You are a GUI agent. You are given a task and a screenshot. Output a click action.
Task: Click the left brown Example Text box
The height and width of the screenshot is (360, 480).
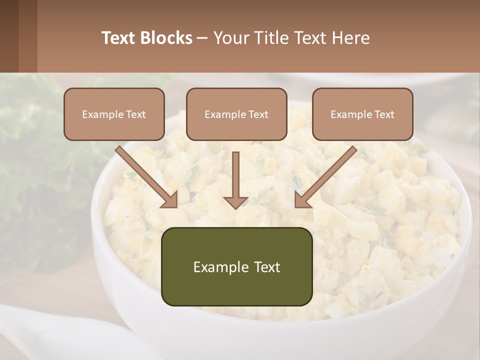[x=114, y=114]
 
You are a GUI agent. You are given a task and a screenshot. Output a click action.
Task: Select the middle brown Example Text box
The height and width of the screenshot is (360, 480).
[x=236, y=114]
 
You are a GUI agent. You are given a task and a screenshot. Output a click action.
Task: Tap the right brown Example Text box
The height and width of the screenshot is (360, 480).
[x=362, y=114]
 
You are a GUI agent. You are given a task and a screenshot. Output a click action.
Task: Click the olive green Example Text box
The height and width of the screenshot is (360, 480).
[x=236, y=266]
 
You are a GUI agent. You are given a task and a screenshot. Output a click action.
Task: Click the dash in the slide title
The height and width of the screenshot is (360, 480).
[x=202, y=38]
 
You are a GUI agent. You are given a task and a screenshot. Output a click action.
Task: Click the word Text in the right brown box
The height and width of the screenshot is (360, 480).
[x=384, y=114]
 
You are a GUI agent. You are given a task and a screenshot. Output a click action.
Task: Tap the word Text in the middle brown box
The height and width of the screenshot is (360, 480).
[x=258, y=114]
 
